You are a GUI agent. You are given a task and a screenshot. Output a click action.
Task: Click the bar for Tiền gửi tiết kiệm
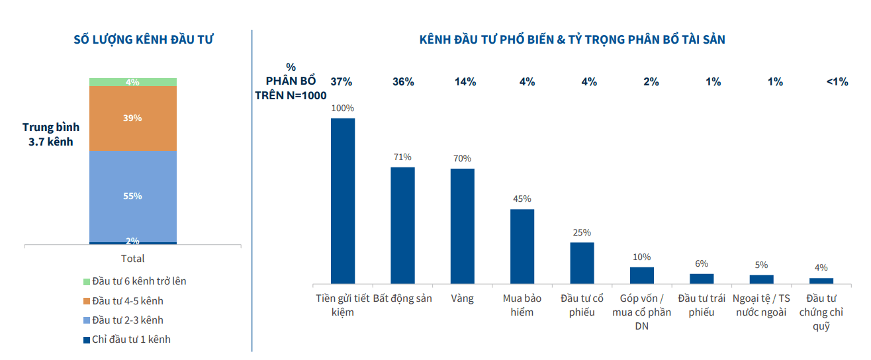point(343,201)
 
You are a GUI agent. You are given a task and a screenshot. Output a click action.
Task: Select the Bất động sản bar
point(402,226)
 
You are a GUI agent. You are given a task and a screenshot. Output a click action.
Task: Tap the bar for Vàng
point(463,226)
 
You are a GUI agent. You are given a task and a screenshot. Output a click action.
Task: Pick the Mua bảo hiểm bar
point(522,246)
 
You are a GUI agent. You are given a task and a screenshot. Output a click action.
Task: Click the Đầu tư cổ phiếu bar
point(582,263)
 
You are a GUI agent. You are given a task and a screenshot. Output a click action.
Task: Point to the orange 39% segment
point(133,118)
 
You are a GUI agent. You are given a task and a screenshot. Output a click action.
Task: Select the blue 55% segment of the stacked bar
point(133,197)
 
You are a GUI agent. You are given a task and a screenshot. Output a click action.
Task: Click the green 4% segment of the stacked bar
point(133,82)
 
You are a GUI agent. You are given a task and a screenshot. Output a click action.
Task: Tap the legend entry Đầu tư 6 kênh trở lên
point(135,281)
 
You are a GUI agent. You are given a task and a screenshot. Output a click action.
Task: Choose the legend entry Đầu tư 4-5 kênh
point(123,301)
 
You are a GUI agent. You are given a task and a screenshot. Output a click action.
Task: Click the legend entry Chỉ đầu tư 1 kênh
point(127,339)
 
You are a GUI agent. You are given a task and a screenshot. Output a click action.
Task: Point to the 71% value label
point(402,157)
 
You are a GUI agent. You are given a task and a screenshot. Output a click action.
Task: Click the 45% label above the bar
point(522,199)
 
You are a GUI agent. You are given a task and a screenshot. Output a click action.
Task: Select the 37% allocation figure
point(342,82)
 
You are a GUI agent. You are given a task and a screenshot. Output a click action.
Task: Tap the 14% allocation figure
point(465,82)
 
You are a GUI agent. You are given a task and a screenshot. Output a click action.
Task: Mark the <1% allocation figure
point(837,82)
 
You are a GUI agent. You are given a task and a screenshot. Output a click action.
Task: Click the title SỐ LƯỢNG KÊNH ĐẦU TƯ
point(144,40)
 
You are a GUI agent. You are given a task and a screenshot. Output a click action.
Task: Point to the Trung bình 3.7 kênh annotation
point(51,134)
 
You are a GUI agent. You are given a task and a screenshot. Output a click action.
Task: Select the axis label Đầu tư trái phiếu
point(702,305)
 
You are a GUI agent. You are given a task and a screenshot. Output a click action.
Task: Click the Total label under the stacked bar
point(132,259)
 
